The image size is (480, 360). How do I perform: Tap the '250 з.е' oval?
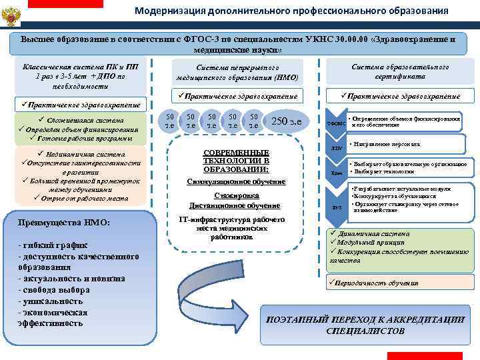[x=287, y=121]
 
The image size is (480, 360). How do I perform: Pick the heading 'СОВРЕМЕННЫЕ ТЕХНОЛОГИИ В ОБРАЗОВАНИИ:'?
[x=237, y=161]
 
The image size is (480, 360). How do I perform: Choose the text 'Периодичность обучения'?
[x=377, y=283]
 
